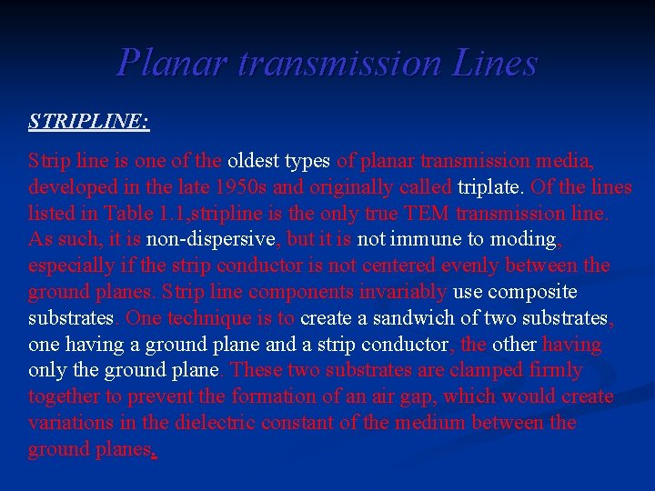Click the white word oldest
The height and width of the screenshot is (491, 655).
coord(256,161)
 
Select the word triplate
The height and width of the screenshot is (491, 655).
coord(491,187)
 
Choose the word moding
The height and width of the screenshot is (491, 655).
coord(522,240)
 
